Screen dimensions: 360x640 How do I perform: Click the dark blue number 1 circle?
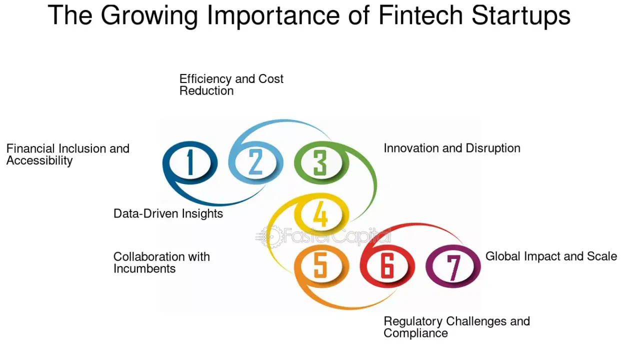pos(190,162)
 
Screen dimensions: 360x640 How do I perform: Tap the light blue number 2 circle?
pos(255,162)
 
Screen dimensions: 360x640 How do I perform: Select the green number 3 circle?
pos(319,163)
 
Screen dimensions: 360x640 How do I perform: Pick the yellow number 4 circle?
pos(320,214)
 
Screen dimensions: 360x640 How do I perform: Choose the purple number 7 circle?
pos(453,266)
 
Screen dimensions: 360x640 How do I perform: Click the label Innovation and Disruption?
pos(452,148)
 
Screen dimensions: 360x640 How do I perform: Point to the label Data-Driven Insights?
pos(168,214)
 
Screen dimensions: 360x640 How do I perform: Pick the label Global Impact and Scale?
pos(551,256)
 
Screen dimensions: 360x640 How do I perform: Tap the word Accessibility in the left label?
pos(39,161)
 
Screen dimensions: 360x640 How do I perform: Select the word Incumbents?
pos(144,269)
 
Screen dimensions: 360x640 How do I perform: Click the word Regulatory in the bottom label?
pos(413,321)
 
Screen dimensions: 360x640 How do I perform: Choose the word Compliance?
pos(415,333)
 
